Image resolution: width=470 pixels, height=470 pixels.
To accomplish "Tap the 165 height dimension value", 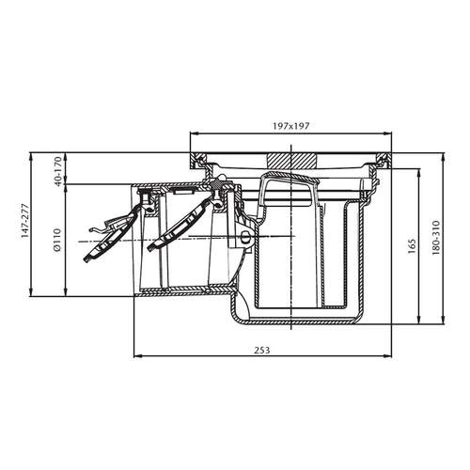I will tap(413, 245).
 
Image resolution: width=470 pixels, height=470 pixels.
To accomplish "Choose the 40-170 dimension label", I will tap(58, 169).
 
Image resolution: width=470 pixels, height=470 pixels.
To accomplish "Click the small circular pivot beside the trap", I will tap(245, 240).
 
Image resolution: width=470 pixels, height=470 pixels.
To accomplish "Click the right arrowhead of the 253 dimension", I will tap(387, 355).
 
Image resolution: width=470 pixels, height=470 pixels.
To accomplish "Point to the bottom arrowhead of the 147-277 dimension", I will tap(37, 293).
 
